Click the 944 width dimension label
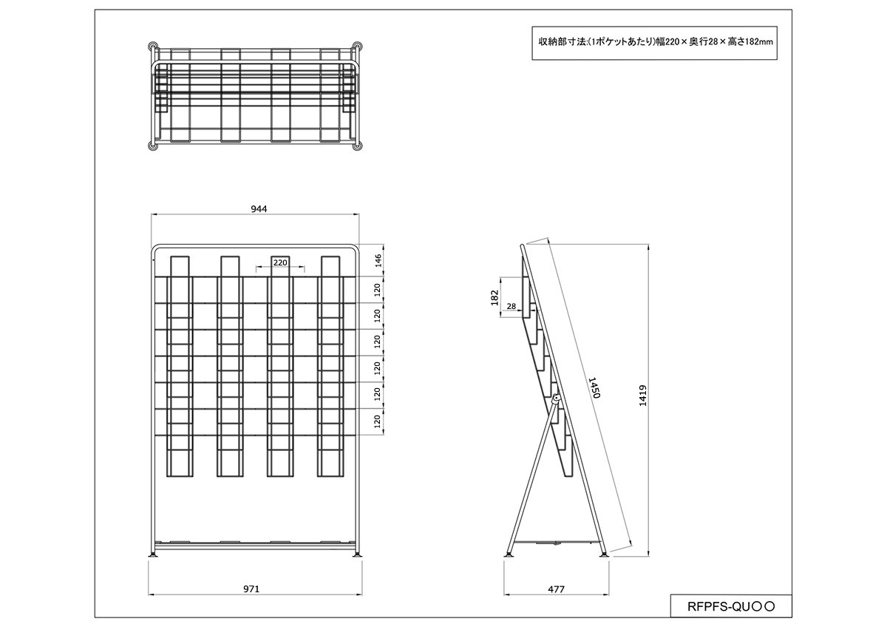(259, 209)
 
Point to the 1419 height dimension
(642, 396)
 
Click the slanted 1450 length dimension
(594, 387)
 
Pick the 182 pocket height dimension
(495, 297)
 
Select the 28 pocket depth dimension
(512, 306)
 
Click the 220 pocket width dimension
(280, 262)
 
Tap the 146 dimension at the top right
(378, 260)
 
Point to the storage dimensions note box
(655, 43)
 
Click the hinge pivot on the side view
(557, 398)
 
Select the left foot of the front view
(153, 555)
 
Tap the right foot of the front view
(358, 555)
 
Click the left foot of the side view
(509, 555)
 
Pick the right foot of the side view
(605, 555)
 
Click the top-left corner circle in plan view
(153, 46)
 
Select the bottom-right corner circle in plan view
(357, 146)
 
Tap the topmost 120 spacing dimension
(377, 290)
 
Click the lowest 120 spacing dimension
(377, 421)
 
